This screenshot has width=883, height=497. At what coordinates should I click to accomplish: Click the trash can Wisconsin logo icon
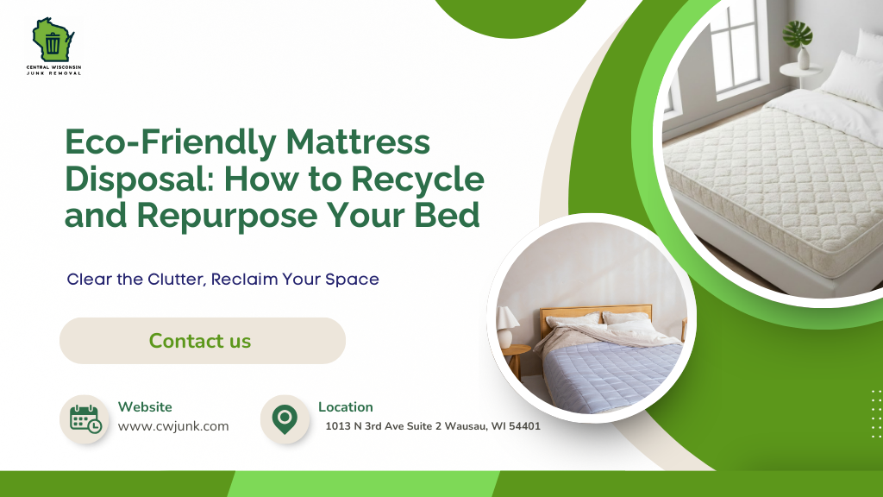click(53, 41)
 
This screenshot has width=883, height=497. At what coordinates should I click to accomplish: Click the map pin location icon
click(284, 418)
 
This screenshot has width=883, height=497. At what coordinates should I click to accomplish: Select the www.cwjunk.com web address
click(173, 426)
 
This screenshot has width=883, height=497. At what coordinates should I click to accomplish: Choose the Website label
click(145, 407)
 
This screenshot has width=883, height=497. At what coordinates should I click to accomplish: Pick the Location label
click(346, 407)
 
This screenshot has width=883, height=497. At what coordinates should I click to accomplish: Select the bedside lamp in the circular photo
click(508, 324)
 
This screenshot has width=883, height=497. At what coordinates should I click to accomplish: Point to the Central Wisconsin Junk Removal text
click(53, 70)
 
